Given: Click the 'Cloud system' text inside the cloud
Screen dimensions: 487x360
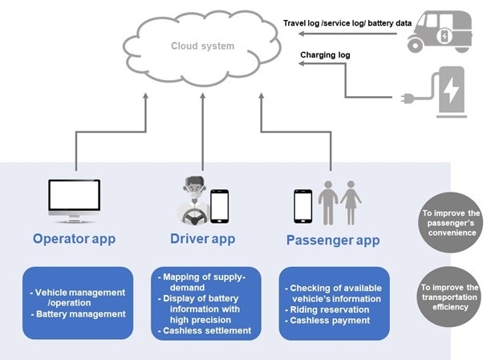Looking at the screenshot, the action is click(x=202, y=46).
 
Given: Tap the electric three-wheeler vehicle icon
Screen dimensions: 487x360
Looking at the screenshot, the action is click(x=440, y=31).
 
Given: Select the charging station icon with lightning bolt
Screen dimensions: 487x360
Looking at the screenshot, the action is click(x=451, y=92).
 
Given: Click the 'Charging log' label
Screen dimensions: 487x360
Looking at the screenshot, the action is click(x=325, y=55).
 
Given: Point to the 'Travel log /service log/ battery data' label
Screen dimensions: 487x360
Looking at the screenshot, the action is click(x=347, y=23).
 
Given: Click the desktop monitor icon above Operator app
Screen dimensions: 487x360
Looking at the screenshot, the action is click(x=75, y=200).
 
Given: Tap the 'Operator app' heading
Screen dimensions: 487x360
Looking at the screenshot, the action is click(x=75, y=239).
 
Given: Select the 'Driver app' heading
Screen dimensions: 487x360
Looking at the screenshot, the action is click(x=202, y=239).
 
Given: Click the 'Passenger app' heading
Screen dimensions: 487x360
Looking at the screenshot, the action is click(x=333, y=241).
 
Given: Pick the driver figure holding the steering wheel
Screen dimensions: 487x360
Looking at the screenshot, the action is click(x=193, y=200).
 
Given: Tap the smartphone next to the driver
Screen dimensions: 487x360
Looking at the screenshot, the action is click(x=220, y=206).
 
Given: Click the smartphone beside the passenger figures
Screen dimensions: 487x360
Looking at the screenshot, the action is click(x=302, y=206).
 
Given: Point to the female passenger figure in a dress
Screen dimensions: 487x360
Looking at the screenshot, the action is click(x=351, y=203).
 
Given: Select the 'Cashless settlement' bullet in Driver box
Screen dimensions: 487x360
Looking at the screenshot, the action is click(x=205, y=331).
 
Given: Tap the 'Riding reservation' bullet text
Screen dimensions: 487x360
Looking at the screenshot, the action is click(x=327, y=309).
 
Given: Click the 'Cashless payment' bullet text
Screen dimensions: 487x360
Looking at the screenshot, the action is click(x=327, y=321).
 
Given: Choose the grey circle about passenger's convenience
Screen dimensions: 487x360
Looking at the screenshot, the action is click(x=450, y=223).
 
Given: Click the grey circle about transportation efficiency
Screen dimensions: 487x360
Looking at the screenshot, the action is click(x=449, y=297).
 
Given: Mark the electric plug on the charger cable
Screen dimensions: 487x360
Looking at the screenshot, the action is click(x=408, y=99).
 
